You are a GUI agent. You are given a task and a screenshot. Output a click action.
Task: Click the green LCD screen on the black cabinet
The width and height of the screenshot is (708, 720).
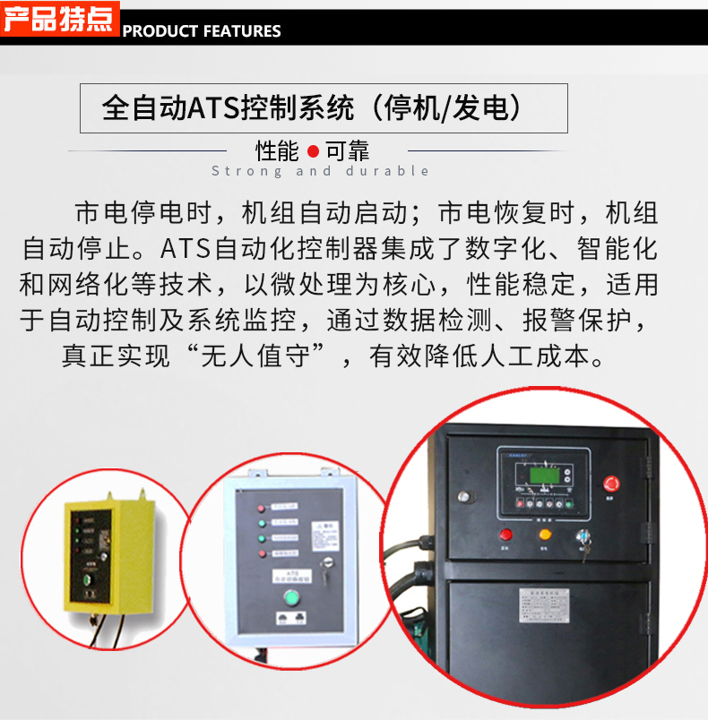(540, 476)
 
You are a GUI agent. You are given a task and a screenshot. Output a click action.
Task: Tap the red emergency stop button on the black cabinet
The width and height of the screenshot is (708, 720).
(614, 484)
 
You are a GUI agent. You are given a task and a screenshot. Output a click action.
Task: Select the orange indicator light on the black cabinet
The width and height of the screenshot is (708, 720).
(543, 536)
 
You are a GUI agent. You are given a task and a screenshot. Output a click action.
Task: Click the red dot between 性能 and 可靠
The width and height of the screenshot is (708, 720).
(313, 150)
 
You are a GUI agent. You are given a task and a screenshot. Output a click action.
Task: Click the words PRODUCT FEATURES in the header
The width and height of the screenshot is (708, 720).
(202, 31)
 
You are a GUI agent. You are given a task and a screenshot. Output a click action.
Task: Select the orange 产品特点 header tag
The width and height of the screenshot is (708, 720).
(59, 20)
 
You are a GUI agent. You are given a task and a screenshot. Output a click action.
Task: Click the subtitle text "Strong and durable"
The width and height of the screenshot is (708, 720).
(320, 171)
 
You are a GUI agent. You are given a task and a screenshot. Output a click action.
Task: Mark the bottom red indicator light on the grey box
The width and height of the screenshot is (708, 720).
(261, 553)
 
